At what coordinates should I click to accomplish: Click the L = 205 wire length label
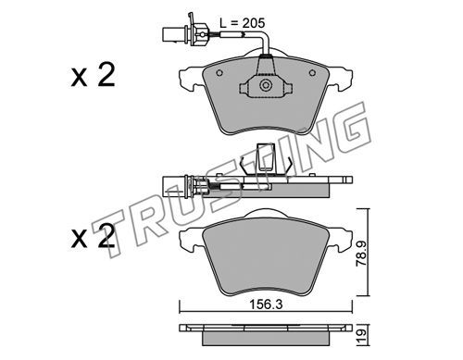[x=242, y=23]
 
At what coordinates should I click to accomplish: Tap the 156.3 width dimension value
[x=266, y=304]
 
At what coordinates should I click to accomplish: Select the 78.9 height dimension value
[x=361, y=254]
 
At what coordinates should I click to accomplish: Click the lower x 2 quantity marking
[x=93, y=236]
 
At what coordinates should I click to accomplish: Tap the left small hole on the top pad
[x=219, y=73]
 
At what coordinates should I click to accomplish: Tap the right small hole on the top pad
[x=312, y=73]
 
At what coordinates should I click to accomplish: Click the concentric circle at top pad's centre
[x=266, y=85]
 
